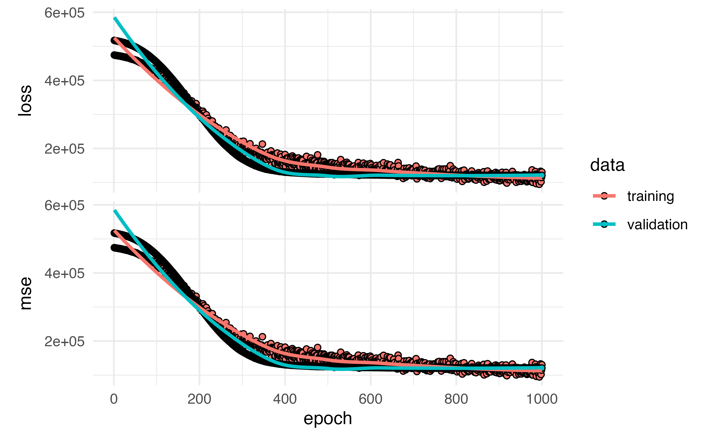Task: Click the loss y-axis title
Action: pyautogui.click(x=25, y=101)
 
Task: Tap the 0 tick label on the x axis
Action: pyautogui.click(x=114, y=399)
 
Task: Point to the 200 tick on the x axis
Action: pyautogui.click(x=199, y=399)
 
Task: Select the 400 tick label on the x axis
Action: pyautogui.click(x=285, y=399)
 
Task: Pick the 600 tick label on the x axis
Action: pyautogui.click(x=370, y=399)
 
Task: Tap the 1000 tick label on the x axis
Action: pyautogui.click(x=542, y=399)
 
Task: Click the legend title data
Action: pyautogui.click(x=607, y=165)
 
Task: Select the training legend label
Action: pyautogui.click(x=650, y=196)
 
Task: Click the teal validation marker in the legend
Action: pyautogui.click(x=604, y=224)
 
